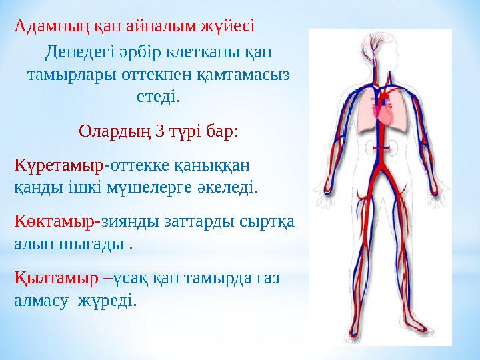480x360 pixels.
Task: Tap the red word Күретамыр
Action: [x=59, y=163]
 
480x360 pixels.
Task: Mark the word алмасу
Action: [x=41, y=301]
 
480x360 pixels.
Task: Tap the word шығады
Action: [x=94, y=244]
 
